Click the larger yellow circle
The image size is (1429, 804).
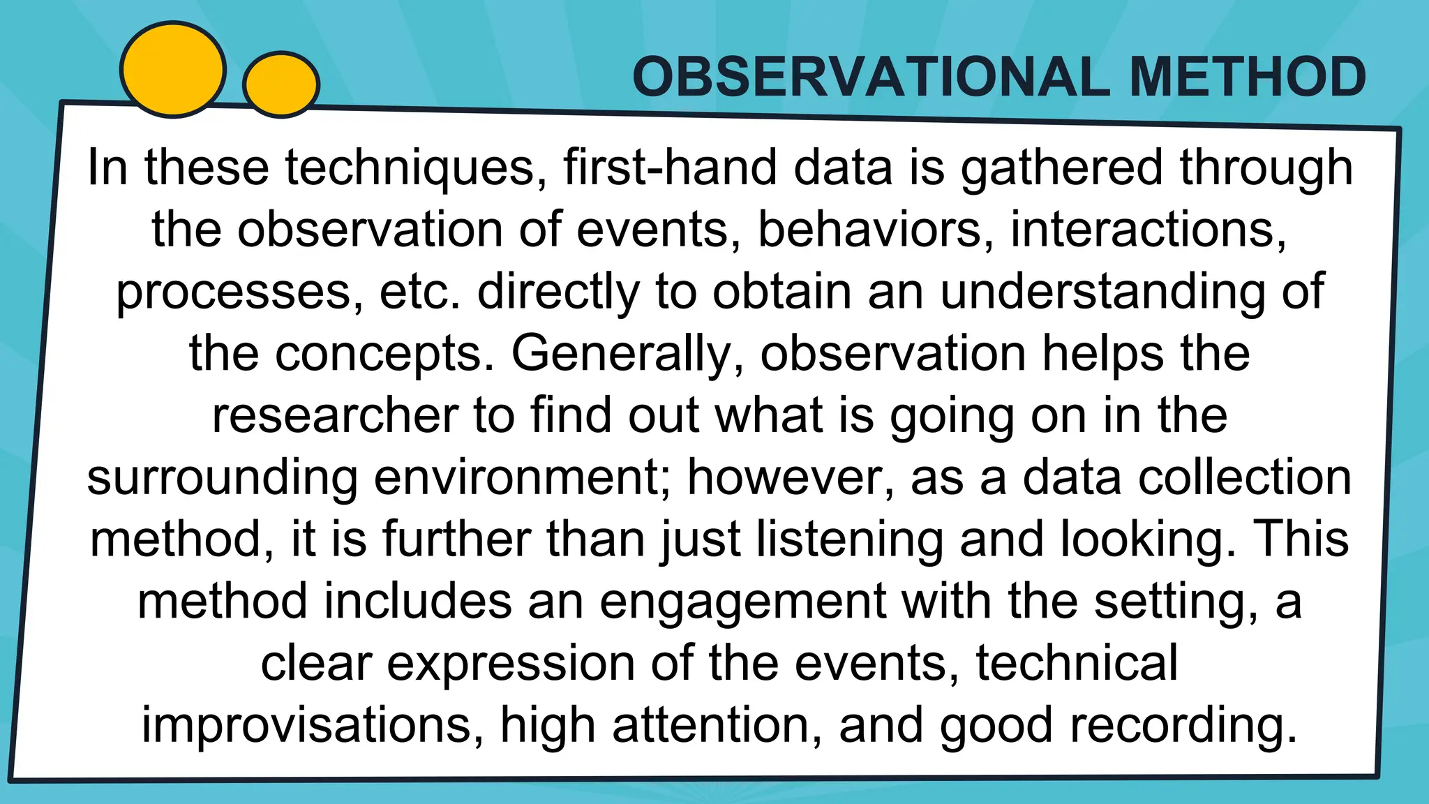tap(173, 70)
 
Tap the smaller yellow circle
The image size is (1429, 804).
tap(280, 84)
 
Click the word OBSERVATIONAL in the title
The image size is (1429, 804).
tap(871, 77)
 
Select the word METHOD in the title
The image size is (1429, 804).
tap(1247, 77)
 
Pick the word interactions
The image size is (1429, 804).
tap(1148, 230)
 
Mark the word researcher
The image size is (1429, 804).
tap(336, 416)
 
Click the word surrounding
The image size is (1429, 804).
tap(223, 478)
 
